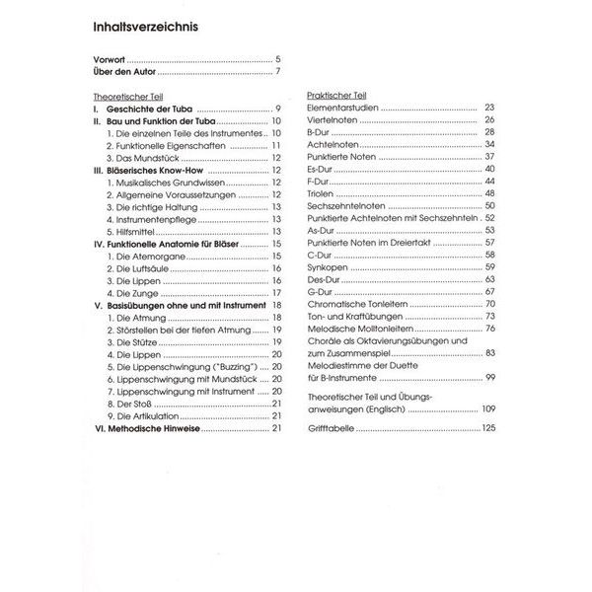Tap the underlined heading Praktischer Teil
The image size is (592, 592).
coord(337,96)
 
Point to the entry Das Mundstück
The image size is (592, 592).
coord(143,157)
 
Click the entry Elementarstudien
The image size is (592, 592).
coord(344,108)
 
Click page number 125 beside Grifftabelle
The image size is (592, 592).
coord(487,427)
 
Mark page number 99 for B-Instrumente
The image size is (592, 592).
coord(490,378)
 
